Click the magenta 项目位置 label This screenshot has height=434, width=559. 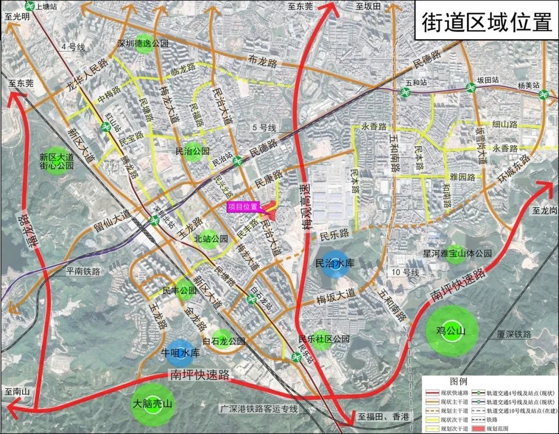coord(243,207)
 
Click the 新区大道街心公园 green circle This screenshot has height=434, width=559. coord(57,161)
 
